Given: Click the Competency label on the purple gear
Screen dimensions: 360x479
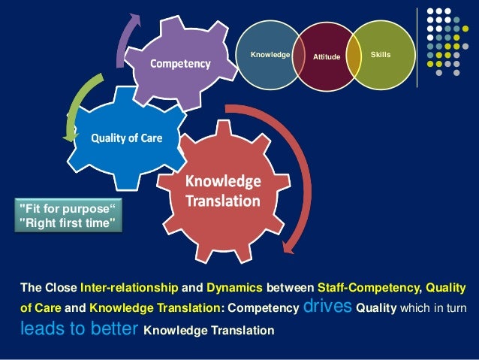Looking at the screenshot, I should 182,64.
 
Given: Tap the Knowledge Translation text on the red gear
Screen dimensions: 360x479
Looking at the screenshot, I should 223,192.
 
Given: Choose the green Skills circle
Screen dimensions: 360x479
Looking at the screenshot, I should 384,56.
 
